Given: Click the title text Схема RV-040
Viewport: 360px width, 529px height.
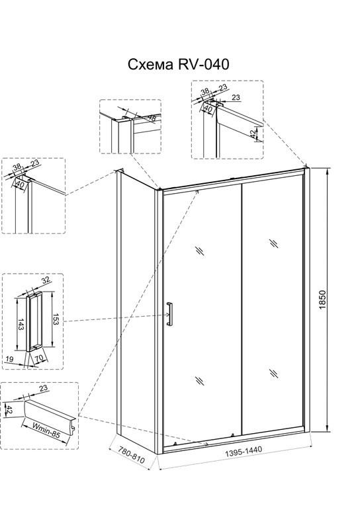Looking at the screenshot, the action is (x=178, y=64).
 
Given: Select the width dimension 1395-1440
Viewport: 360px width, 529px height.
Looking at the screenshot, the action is (x=243, y=452).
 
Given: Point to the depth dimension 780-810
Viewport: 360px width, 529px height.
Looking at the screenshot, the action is (x=132, y=456).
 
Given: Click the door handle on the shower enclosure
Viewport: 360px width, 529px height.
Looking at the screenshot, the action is (x=169, y=314).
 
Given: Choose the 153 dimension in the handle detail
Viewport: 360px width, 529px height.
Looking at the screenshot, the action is (x=56, y=319).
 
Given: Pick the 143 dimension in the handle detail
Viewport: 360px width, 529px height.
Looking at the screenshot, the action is (x=21, y=324).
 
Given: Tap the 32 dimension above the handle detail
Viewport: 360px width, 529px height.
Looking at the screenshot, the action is (x=45, y=280).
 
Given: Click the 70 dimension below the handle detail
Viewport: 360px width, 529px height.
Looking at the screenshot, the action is (x=40, y=358).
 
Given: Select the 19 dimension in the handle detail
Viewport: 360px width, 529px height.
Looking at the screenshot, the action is (x=9, y=359).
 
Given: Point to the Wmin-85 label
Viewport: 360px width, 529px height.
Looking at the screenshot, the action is (x=46, y=430).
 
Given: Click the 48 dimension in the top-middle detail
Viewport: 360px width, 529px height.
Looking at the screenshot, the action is (x=152, y=118).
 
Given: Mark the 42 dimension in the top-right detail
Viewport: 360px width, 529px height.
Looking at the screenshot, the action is (x=253, y=134).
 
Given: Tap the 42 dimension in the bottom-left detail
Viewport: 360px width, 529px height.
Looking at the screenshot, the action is (x=10, y=410).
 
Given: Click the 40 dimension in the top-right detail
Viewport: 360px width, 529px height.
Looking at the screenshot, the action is (x=208, y=109).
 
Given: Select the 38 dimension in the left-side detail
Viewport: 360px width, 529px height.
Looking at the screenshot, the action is (x=17, y=167).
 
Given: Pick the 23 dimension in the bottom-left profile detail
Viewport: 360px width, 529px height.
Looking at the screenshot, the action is (x=43, y=388).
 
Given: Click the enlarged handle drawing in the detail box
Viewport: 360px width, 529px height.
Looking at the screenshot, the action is (x=34, y=321).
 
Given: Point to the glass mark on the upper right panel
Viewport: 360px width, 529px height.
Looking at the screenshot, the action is (x=273, y=243).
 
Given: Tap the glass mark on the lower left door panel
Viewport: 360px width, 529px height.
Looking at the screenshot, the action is (x=200, y=381).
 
